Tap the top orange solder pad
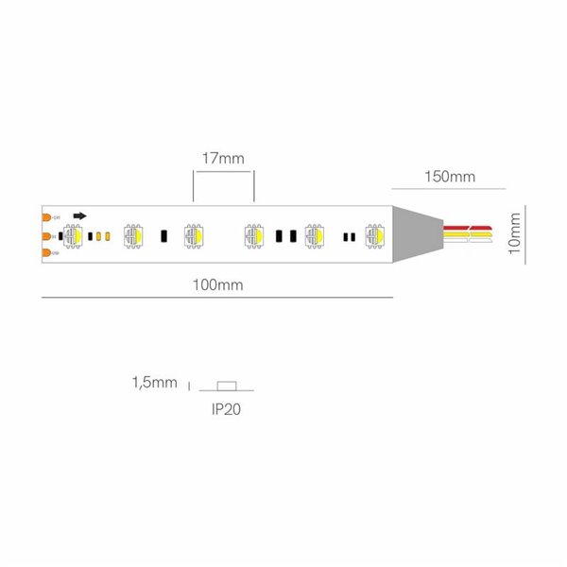point(47,216)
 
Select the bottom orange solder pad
point(47,252)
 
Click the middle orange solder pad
point(47,234)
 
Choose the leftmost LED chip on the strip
point(72,234)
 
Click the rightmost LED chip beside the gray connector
point(374,234)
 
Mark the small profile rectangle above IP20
point(225,385)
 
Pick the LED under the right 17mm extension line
point(253,234)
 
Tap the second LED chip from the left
point(132,234)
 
